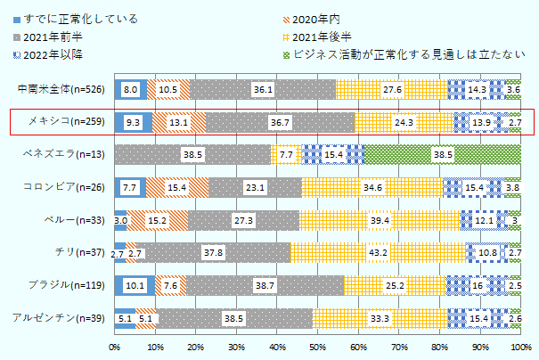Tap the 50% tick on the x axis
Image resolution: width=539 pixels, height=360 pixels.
click(x=318, y=346)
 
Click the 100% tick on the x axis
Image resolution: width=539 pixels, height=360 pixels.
click(x=521, y=346)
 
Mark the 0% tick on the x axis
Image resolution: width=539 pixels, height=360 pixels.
click(x=115, y=346)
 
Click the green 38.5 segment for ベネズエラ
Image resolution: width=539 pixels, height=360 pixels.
click(x=442, y=154)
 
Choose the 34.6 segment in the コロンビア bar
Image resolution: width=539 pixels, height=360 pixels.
click(x=373, y=187)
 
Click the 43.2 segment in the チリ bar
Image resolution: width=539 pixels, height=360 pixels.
click(x=378, y=253)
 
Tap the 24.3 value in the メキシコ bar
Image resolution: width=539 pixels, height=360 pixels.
click(x=404, y=122)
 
